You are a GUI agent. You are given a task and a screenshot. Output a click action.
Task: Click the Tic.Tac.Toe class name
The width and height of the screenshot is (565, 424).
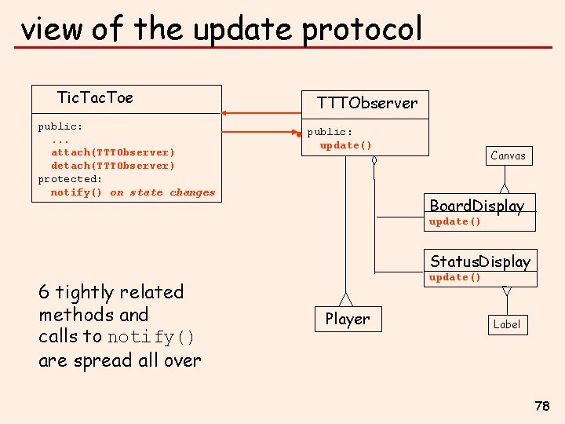tap(95, 98)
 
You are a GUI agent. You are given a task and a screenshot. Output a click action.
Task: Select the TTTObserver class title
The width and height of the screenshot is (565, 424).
tap(366, 103)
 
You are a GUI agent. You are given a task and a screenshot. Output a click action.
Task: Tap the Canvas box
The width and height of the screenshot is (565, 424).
tap(508, 155)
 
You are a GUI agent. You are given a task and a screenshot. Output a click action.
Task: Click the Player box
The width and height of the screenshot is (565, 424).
tap(347, 319)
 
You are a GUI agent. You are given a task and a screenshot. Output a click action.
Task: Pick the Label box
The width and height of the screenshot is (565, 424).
tap(506, 324)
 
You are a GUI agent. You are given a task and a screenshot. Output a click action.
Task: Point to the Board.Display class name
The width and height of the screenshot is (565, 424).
tap(476, 206)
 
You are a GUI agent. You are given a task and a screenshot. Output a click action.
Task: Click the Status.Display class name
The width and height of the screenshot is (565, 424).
tap(479, 261)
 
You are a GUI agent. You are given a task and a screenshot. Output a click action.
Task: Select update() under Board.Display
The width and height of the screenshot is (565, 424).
tap(454, 221)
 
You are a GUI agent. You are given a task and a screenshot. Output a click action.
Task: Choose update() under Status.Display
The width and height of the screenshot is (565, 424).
tap(454, 277)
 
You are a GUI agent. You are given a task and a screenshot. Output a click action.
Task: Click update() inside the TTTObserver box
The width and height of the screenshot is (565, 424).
tap(345, 145)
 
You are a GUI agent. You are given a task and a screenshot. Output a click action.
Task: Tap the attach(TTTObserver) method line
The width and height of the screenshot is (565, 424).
tap(113, 152)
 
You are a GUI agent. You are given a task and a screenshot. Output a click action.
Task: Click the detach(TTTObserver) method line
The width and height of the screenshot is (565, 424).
tap(113, 166)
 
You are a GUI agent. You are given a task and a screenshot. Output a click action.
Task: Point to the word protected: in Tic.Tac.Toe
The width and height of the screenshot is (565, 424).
tap(70, 179)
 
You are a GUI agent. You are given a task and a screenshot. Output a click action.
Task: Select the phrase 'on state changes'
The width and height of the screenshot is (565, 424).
tap(162, 192)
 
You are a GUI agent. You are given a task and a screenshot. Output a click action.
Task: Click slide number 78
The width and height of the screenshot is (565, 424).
tap(541, 406)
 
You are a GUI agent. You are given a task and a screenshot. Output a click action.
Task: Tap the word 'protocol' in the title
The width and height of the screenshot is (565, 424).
tap(362, 30)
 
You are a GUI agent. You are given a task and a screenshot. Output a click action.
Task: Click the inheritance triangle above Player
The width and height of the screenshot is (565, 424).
tap(345, 300)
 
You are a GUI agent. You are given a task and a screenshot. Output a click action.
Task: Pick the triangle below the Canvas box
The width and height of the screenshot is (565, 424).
tap(505, 188)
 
